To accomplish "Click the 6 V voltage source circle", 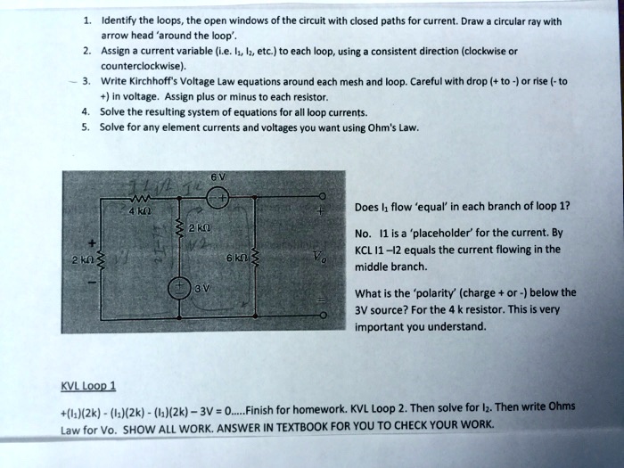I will (220, 199).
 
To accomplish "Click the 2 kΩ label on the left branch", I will (85, 258).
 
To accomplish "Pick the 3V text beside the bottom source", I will (203, 289).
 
